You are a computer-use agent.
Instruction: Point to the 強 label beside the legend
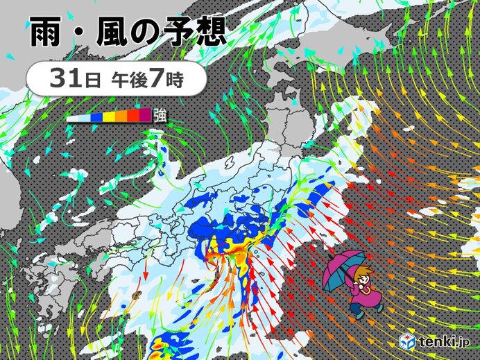[x=159, y=115]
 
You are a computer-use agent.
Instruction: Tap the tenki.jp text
[x=443, y=342]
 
